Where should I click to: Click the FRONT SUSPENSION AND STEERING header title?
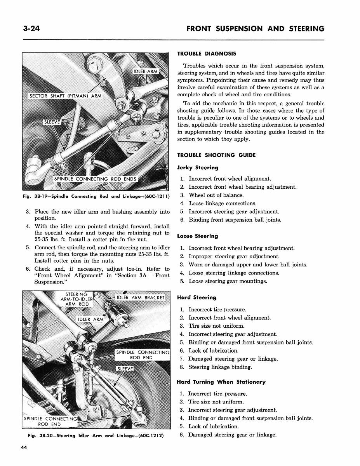255,29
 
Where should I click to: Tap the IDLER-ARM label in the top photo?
145,71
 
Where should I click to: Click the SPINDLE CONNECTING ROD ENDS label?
96,179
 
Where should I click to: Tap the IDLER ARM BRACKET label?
141,298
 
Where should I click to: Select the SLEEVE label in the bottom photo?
125,369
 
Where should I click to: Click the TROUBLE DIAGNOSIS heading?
206,54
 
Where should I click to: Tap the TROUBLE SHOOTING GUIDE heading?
216,155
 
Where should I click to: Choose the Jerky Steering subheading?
198,168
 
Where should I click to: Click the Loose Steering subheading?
197,236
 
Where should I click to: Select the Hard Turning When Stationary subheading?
221,382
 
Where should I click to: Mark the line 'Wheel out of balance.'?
216,195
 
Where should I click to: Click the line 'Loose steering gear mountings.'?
228,281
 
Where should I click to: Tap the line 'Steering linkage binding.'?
220,367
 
